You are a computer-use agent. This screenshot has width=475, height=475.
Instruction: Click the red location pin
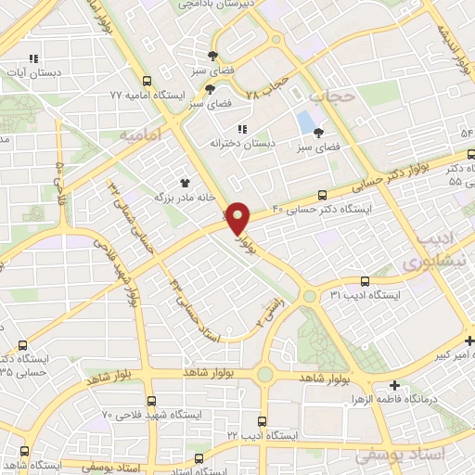[239, 218]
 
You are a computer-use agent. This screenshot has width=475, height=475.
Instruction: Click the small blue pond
[304, 122]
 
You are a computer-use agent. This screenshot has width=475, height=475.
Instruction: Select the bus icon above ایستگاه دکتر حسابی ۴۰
[322, 195]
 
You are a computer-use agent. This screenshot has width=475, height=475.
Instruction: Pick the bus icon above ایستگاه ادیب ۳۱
[365, 280]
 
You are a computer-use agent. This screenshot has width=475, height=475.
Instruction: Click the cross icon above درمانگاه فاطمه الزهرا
[396, 385]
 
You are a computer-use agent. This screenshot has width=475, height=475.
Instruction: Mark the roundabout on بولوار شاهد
[266, 375]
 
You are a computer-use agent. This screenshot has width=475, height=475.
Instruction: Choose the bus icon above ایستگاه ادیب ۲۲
[263, 421]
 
